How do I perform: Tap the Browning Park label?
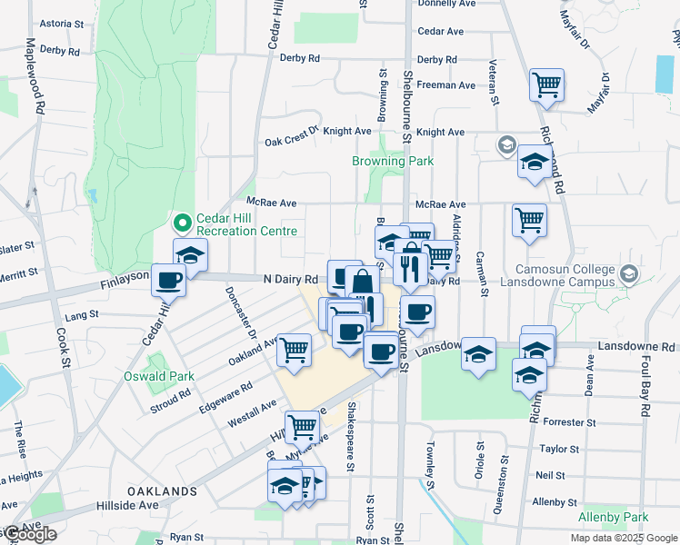click(393, 161)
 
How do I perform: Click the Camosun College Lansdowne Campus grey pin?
click(628, 273)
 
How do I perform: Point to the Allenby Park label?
click(614, 517)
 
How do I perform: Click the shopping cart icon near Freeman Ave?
click(547, 85)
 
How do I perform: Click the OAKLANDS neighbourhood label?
click(162, 491)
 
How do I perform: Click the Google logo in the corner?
click(29, 534)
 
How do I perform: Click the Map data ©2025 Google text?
click(623, 538)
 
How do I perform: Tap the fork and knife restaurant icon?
click(411, 267)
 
